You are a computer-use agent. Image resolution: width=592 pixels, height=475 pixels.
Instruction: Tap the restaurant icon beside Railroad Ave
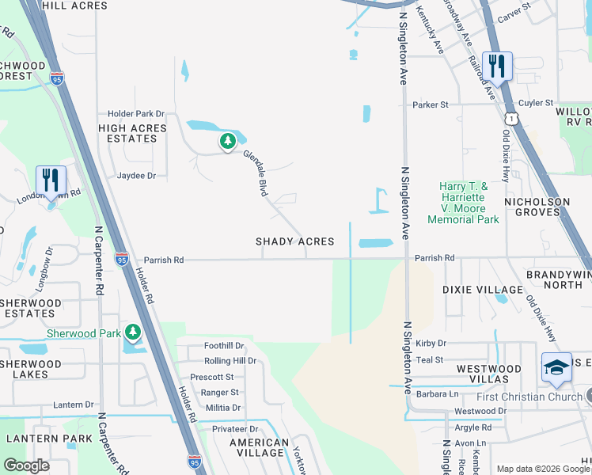[497, 66]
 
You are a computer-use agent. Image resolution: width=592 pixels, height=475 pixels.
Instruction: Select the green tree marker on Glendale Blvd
[228, 142]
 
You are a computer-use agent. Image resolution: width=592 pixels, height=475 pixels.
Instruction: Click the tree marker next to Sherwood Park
[133, 332]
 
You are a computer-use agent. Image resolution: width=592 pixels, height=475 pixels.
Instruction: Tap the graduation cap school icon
[556, 368]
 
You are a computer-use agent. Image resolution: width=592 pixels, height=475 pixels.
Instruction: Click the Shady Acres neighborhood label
[294, 241]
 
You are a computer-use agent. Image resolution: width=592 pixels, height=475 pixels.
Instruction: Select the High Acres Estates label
[132, 133]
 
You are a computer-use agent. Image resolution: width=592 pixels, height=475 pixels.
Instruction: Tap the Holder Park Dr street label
[131, 114]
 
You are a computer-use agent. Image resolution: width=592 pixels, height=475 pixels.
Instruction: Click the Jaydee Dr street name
[136, 176]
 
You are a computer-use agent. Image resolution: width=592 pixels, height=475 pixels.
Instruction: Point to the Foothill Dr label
[225, 346]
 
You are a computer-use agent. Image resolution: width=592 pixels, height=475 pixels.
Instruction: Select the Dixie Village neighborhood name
[484, 291]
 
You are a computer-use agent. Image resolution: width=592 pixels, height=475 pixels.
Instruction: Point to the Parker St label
[430, 104]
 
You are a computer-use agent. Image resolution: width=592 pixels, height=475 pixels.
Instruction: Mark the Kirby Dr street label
[431, 344]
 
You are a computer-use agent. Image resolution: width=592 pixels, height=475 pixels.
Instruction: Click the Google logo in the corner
[26, 465]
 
